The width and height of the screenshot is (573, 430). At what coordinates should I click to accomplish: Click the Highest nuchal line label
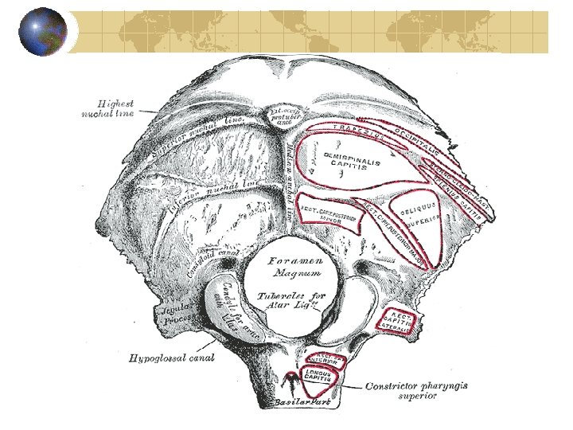pos(112,108)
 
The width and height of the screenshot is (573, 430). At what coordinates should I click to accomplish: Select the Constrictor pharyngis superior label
pos(415,390)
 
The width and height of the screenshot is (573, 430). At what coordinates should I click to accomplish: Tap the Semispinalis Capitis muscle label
pos(351,162)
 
